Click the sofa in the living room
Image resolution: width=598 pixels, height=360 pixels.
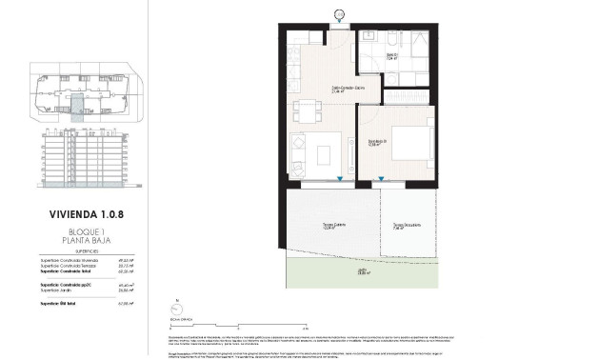pyautogui.click(x=297, y=152)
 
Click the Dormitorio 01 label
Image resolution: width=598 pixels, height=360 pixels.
pyautogui.click(x=377, y=142)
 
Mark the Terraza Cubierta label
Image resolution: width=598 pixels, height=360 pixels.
pyautogui.click(x=332, y=227)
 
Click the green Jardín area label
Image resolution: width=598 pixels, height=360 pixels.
pyautogui.click(x=362, y=271)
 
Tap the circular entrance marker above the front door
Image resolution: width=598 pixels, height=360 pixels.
pyautogui.click(x=341, y=12)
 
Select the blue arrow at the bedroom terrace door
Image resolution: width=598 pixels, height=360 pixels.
pyautogui.click(x=382, y=179)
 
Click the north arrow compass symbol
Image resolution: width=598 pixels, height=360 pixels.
pyautogui.click(x=176, y=308)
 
